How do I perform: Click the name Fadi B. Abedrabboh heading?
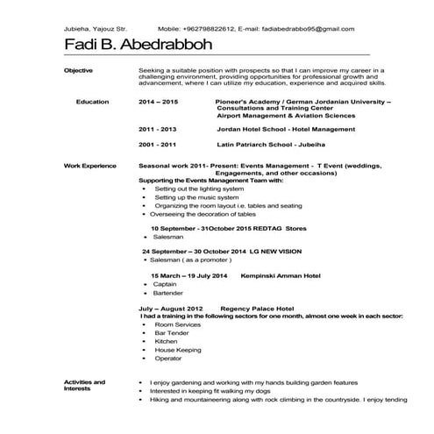144,46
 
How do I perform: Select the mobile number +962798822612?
204,29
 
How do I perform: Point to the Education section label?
92,103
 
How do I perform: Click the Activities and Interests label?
85,386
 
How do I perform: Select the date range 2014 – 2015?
158,103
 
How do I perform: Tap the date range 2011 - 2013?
158,129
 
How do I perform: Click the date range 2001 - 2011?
158,144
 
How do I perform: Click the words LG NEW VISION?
283,252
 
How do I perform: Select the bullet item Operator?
168,359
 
